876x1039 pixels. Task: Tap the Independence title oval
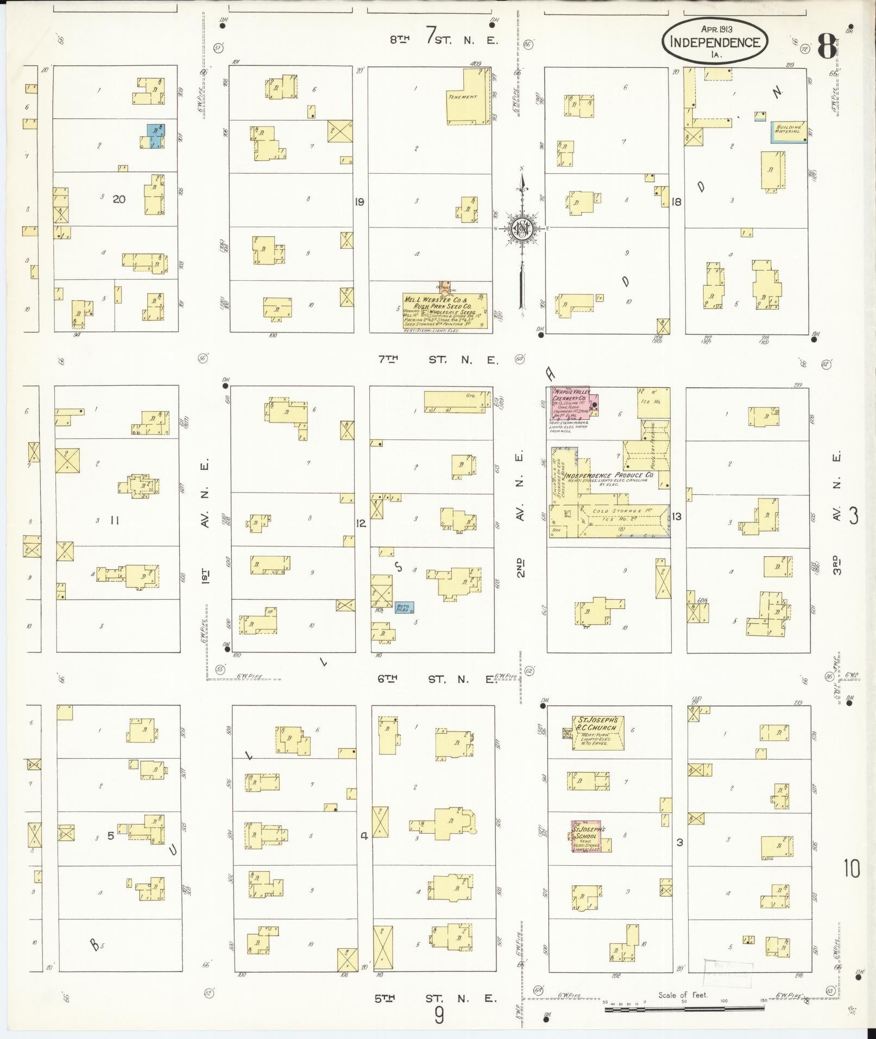[714, 41]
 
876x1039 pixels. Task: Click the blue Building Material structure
[787, 132]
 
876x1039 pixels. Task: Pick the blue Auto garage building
[404, 607]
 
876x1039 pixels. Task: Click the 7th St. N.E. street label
[438, 359]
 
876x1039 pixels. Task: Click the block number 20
[119, 199]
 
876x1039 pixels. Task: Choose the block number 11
[115, 520]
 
